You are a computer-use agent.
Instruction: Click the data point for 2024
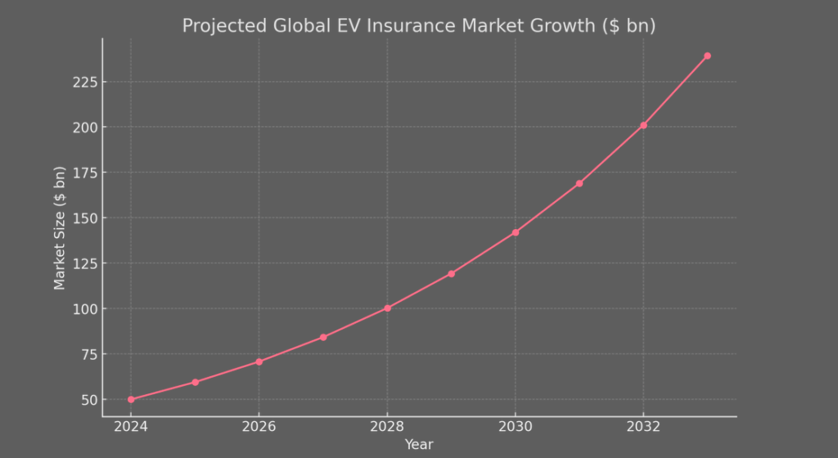(131, 399)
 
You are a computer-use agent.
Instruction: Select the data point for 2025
(195, 382)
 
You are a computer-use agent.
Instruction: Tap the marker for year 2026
(259, 361)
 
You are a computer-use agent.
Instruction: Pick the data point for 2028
(387, 308)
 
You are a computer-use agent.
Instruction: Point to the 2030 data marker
(516, 232)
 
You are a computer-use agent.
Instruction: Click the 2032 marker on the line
(643, 125)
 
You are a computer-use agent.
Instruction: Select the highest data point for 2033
(707, 56)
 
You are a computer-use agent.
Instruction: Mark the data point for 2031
(579, 183)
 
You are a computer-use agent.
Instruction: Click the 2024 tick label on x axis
(131, 427)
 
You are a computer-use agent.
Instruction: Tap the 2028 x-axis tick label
(387, 427)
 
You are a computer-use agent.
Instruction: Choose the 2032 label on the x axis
(643, 427)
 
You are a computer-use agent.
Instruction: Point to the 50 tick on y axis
(88, 400)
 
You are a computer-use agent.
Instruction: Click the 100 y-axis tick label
(85, 309)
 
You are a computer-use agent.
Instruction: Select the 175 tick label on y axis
(85, 173)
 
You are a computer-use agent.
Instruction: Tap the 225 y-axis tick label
(85, 83)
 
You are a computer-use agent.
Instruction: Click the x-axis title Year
(419, 445)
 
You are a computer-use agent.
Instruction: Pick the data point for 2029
(451, 273)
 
